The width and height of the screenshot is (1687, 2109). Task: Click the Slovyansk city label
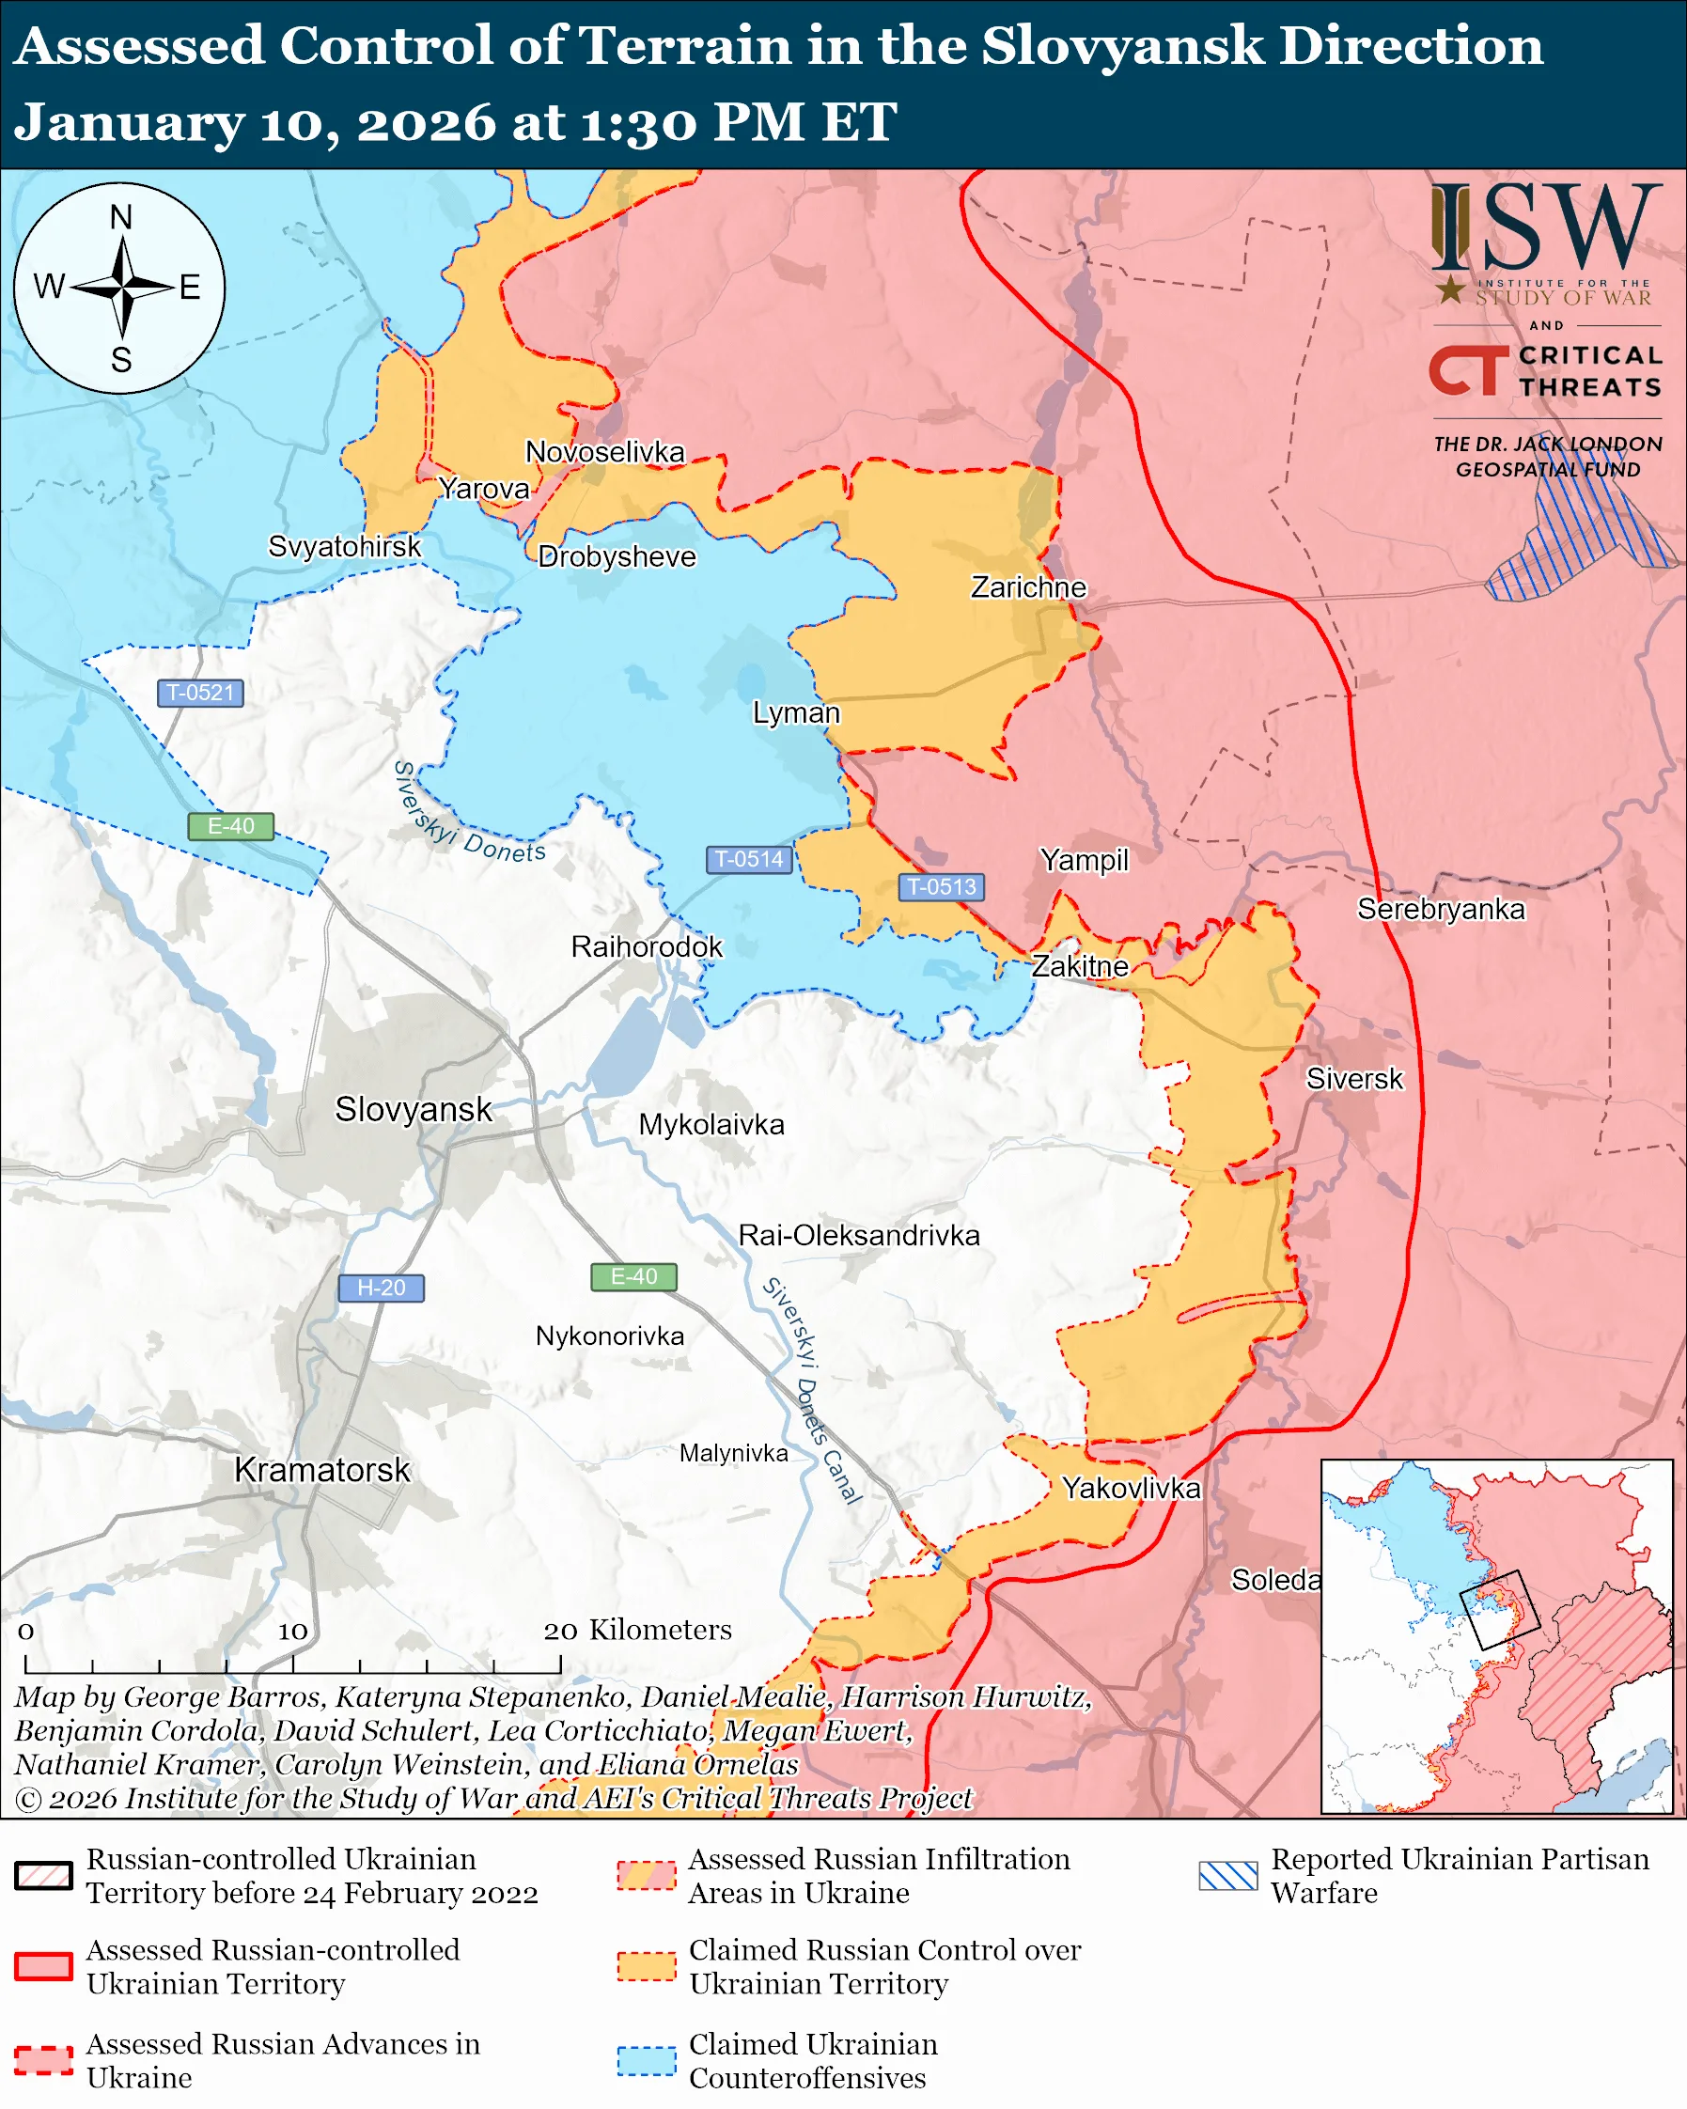(414, 1109)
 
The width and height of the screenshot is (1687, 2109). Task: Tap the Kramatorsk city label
(321, 1469)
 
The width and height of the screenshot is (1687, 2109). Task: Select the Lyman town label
(796, 712)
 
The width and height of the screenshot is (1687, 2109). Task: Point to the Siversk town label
(1354, 1079)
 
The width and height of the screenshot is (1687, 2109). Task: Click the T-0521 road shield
(200, 693)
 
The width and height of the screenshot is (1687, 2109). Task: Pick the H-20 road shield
(381, 1288)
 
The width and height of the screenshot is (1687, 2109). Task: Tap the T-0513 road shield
(941, 886)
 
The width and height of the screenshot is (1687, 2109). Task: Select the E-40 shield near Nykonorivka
(633, 1276)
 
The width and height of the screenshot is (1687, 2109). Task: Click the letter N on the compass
(121, 217)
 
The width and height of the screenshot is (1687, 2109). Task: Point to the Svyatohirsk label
(344, 546)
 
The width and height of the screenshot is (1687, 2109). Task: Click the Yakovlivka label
(1132, 1488)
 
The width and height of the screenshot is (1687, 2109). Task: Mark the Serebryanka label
(1441, 909)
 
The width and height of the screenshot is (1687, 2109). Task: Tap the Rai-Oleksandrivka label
(859, 1236)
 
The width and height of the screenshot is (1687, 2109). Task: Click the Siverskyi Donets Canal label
(812, 1390)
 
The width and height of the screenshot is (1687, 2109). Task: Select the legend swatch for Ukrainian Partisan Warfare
(1228, 1875)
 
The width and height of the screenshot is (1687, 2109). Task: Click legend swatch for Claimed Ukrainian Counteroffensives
(647, 2060)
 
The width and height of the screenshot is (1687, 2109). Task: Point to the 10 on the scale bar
(292, 1631)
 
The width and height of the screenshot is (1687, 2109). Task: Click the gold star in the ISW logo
(1450, 289)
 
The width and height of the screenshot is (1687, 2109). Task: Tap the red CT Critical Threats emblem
(1468, 370)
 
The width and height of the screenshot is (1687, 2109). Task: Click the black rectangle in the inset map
(1499, 1610)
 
